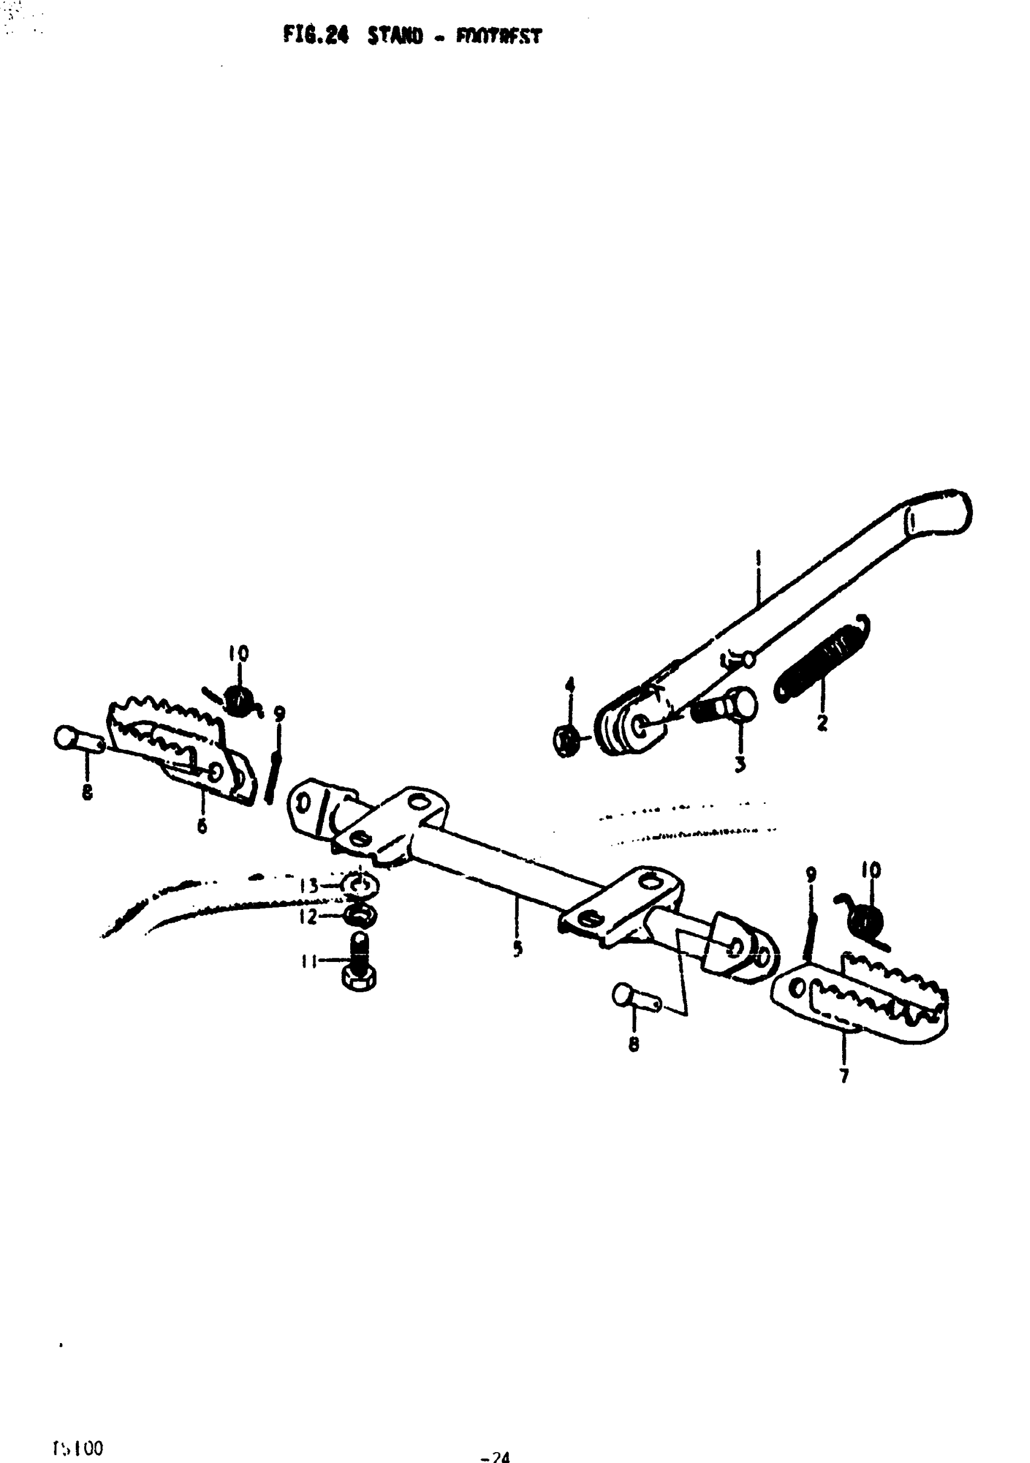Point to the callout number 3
click(739, 764)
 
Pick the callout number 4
click(570, 686)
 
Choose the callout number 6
click(202, 826)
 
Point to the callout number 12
click(308, 917)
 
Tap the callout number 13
click(309, 886)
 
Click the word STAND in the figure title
click(395, 36)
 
